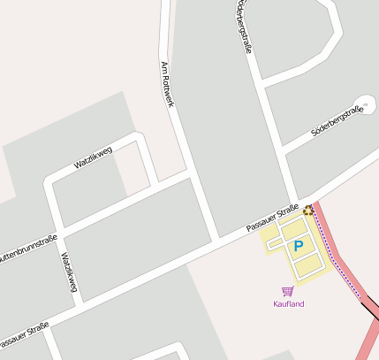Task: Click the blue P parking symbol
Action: coord(298,246)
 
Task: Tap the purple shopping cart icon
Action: coord(287,291)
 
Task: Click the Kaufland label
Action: coord(288,304)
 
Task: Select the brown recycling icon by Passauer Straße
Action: coord(307,210)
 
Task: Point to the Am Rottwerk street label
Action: coord(167,85)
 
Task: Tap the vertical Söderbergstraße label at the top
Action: coord(245,27)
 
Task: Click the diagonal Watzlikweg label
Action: coord(93,157)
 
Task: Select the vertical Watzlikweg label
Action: coord(69,272)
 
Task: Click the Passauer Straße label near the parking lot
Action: coord(272,218)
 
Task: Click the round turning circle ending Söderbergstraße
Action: coord(363,103)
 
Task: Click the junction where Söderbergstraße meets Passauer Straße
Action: coord(295,203)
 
